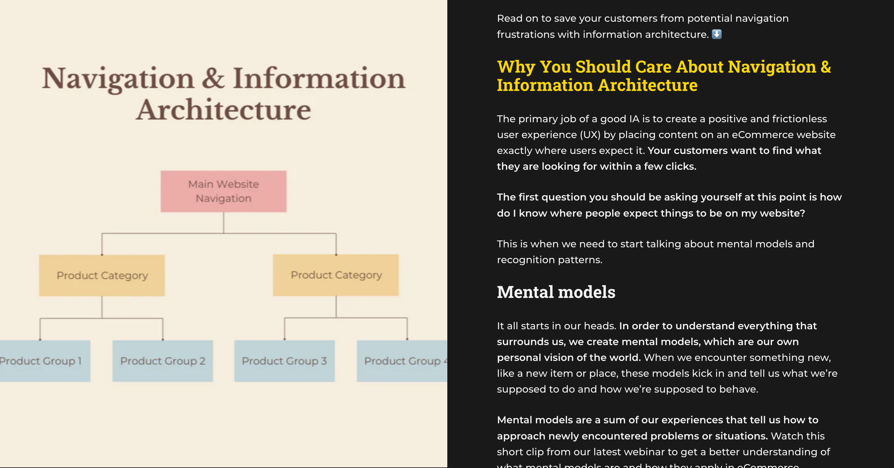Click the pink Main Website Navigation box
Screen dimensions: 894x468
(223, 191)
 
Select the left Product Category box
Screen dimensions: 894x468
(102, 275)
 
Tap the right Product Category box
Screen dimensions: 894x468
(336, 275)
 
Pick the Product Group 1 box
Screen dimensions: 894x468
(43, 361)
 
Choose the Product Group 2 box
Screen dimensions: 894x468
(163, 361)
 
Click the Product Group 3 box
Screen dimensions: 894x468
(284, 361)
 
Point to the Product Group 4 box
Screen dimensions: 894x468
(402, 361)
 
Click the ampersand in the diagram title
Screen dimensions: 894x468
(213, 78)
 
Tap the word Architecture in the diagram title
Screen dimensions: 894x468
(223, 110)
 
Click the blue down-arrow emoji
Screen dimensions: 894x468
(717, 34)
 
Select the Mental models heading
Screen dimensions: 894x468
(556, 292)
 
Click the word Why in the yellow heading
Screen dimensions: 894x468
(516, 67)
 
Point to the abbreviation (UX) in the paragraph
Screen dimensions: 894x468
(590, 135)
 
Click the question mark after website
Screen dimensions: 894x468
(802, 213)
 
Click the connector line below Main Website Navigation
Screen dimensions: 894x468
(223, 223)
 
